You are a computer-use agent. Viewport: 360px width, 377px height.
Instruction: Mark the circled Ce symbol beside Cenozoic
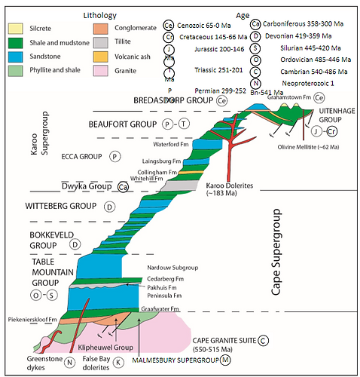171,24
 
